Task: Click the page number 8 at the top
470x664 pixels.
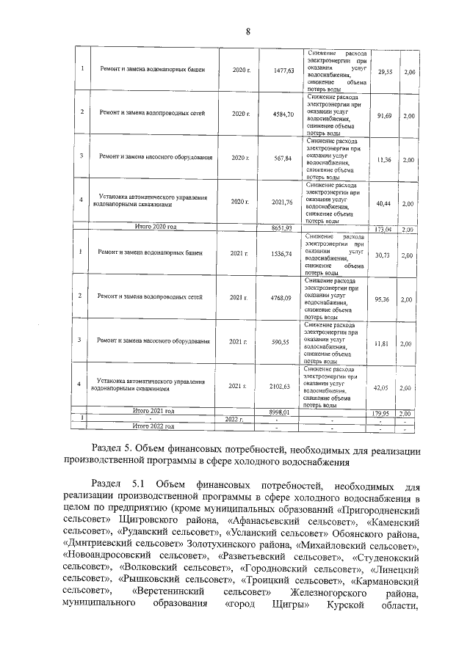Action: [x=248, y=31]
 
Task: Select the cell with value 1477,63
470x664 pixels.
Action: [x=283, y=70]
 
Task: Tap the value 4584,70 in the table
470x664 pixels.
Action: [x=283, y=114]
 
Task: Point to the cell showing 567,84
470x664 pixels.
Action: [x=283, y=158]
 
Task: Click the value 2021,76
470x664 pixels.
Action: [x=283, y=201]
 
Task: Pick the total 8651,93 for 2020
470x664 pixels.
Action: [x=282, y=228]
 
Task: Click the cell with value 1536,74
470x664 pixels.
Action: [x=283, y=253]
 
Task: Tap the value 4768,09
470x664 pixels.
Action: [x=283, y=297]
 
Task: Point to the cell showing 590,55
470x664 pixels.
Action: [x=283, y=341]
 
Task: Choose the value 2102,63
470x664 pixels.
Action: [x=283, y=386]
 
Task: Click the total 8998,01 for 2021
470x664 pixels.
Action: [x=282, y=413]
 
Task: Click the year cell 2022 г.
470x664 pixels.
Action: [x=233, y=419]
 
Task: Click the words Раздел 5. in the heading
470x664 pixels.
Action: [x=112, y=448]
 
